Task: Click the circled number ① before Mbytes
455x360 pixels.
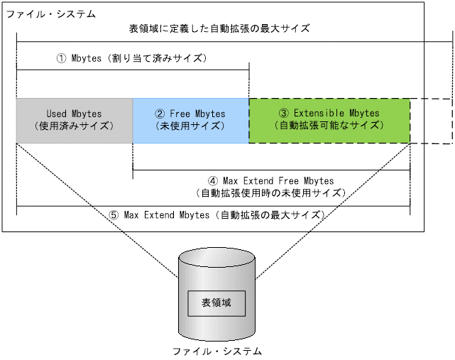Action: (x=61, y=58)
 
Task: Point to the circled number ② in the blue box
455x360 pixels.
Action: (x=160, y=114)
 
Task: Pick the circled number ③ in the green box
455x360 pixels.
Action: (x=283, y=114)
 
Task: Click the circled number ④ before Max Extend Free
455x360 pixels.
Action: (x=212, y=181)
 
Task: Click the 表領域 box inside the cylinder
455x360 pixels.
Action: (x=216, y=303)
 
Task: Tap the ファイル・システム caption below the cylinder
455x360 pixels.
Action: (x=216, y=351)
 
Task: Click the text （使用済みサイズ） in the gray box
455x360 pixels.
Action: (x=74, y=126)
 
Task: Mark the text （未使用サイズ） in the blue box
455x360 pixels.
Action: (x=190, y=126)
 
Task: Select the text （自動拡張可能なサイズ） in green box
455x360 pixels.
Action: (x=329, y=126)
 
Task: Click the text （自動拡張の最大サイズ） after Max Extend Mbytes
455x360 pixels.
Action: (x=273, y=214)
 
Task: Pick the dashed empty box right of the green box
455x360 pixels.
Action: (x=431, y=121)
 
